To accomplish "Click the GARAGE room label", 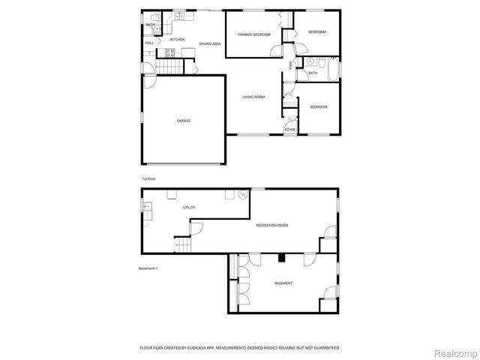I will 183,121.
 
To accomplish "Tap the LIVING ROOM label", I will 253,97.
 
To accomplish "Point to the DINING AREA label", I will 210,44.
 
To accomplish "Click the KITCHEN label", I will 177,39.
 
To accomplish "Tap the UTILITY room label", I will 188,206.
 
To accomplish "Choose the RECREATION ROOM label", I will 271,225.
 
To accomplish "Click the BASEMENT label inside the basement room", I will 283,283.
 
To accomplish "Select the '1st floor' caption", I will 148,178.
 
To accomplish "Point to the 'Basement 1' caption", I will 148,268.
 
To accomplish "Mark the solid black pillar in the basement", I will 281,258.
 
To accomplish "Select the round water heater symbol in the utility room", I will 242,194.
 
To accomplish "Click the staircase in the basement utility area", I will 181,246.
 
